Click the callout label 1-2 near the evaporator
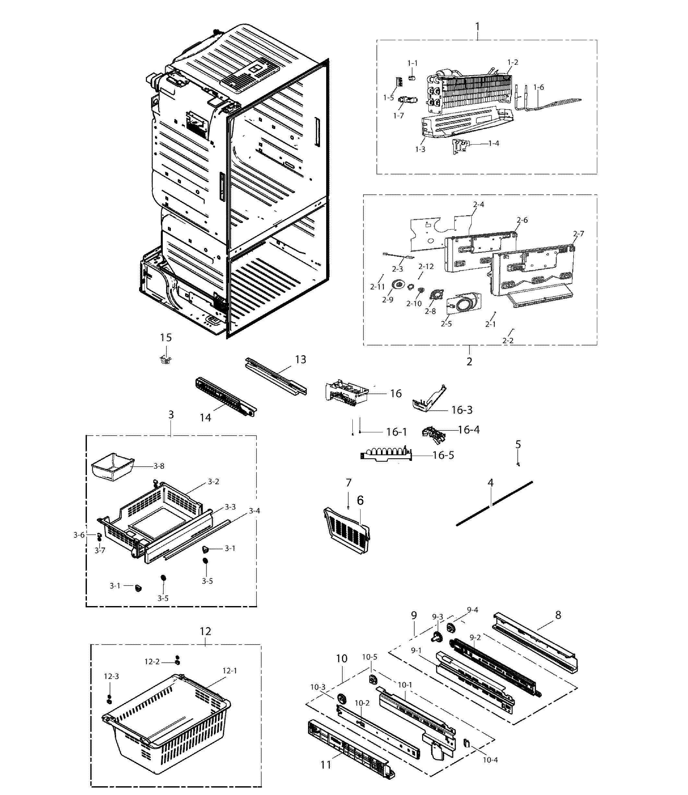[513, 62]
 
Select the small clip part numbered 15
[165, 360]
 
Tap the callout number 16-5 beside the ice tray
[443, 455]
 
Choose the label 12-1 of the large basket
[230, 670]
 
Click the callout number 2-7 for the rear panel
[579, 233]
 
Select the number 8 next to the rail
[558, 615]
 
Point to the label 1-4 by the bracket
[494, 143]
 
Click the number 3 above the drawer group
[171, 415]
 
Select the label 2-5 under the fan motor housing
[446, 323]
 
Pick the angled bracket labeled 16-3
[429, 401]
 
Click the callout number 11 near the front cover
[326, 765]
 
